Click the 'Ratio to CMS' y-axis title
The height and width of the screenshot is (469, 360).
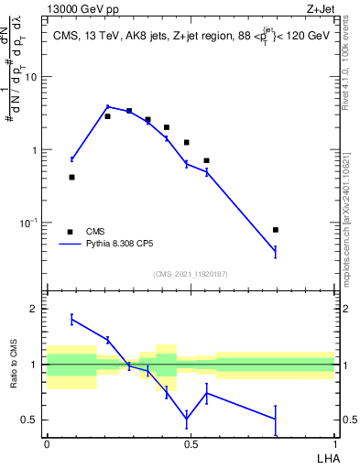[x=15, y=364]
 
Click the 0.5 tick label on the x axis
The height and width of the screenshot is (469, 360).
[x=191, y=442]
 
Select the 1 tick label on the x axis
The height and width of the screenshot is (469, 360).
[x=334, y=442]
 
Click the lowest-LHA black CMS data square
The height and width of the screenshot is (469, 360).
[x=72, y=177]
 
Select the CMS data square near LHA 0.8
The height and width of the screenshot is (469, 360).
[x=276, y=230]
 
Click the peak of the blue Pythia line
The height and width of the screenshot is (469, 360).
[x=107, y=106]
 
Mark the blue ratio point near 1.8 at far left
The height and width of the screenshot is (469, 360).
[x=72, y=319]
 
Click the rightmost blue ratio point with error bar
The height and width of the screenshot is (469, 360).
[x=276, y=419]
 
